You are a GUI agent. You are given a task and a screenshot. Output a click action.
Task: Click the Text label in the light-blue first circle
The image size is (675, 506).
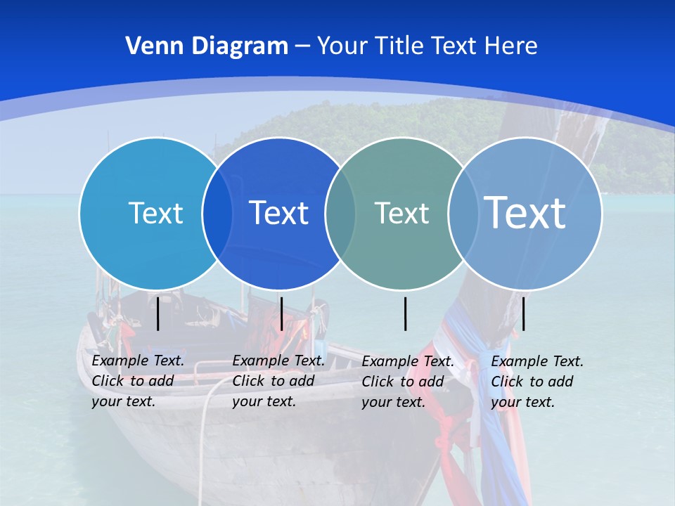click(155, 213)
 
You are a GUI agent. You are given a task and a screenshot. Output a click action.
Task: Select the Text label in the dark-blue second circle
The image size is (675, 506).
click(278, 213)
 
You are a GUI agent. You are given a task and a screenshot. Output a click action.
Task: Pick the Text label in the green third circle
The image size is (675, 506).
click(401, 213)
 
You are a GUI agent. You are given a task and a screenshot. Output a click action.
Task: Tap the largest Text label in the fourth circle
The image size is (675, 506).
click(525, 212)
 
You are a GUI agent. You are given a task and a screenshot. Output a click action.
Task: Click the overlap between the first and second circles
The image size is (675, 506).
click(217, 214)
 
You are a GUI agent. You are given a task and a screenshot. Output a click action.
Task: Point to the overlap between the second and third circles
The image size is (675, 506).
click(340, 214)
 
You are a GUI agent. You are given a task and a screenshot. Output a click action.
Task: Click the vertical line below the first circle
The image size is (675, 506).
click(158, 313)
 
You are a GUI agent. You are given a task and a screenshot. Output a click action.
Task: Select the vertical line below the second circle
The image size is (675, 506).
click(281, 313)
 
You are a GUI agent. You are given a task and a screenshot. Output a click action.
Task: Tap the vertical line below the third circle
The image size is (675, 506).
click(406, 313)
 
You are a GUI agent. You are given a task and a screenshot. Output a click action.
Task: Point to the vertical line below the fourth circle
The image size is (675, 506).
click(523, 313)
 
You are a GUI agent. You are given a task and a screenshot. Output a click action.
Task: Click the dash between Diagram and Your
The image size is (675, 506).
click(302, 46)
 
